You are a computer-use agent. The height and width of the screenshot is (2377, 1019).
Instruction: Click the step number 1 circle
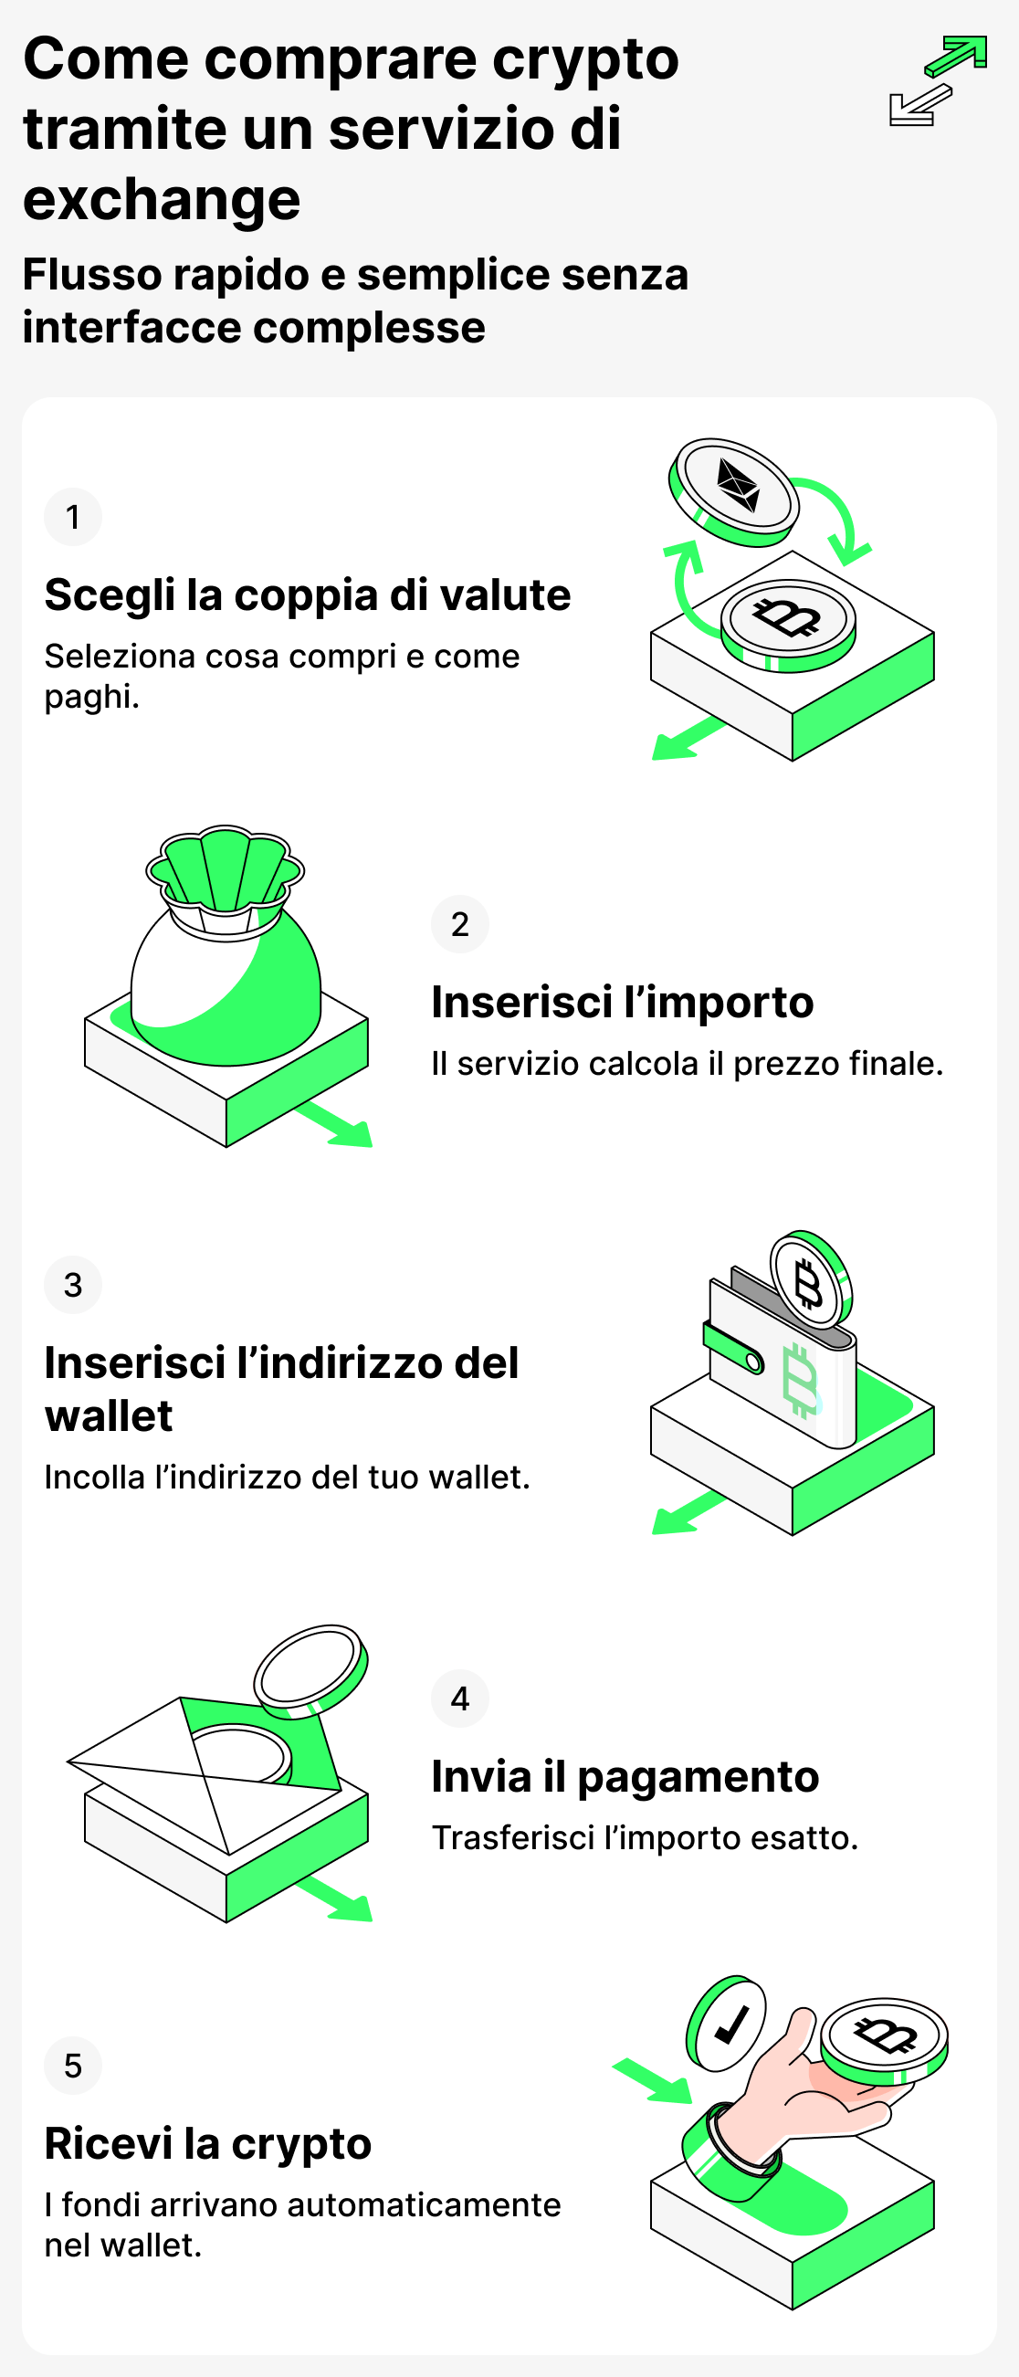click(x=73, y=517)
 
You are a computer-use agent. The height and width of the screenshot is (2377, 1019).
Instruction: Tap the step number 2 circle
click(x=459, y=923)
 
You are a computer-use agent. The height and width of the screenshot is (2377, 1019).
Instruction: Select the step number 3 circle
click(x=73, y=1285)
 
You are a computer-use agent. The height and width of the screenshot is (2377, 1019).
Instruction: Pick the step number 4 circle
click(x=459, y=1698)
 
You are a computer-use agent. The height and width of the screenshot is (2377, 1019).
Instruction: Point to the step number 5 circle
click(x=73, y=2065)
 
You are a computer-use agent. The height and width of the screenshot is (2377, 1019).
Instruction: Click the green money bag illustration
click(x=226, y=960)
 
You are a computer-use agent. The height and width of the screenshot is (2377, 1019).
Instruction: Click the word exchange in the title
click(x=162, y=199)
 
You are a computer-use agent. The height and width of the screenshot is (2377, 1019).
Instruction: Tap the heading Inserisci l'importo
click(x=622, y=1002)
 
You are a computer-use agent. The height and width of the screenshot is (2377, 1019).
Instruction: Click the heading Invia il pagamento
click(x=625, y=1776)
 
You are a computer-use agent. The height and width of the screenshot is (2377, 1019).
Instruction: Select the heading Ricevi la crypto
click(x=207, y=2143)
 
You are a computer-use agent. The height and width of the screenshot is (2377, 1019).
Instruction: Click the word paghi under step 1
click(x=89, y=697)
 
